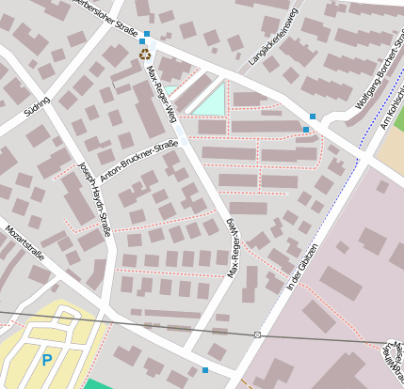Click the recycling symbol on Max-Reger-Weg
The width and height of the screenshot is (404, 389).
(145, 54)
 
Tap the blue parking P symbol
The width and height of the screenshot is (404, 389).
(46, 359)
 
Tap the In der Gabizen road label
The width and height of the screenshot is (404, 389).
(304, 268)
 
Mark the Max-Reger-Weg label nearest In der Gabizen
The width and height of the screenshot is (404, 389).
(232, 247)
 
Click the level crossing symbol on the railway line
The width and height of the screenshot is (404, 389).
(257, 335)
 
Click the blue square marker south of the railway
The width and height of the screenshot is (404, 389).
(205, 369)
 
